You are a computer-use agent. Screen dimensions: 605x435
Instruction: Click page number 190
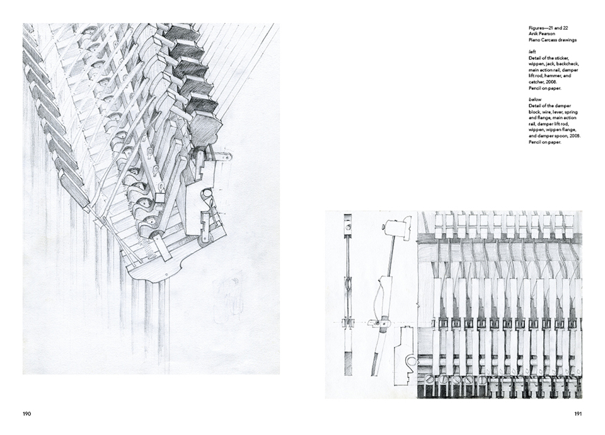(x=26, y=414)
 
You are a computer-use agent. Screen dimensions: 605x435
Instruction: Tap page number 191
(x=578, y=414)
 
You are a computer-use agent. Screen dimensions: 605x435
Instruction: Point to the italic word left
(x=532, y=52)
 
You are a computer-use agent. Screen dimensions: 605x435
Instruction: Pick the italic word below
(x=535, y=100)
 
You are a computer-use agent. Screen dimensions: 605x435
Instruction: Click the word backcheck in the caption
(x=568, y=64)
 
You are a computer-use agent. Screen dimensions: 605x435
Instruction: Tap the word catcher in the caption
(x=538, y=82)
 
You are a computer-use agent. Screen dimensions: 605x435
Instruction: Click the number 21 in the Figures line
(x=550, y=28)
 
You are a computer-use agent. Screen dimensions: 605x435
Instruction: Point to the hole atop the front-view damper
(x=349, y=228)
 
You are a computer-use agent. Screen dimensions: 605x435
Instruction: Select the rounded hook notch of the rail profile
(x=412, y=361)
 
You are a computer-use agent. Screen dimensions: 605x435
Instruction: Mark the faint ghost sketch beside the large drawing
(x=228, y=294)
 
